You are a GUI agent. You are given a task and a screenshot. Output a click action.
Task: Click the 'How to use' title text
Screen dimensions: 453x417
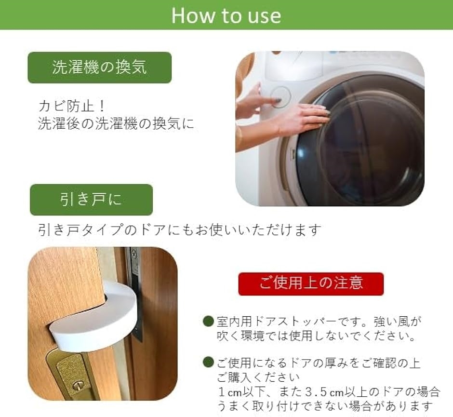pos(226,15)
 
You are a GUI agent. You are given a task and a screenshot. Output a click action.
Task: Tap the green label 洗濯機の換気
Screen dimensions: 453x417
pos(100,67)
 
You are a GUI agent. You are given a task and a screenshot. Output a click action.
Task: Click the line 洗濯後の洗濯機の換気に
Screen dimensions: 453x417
pos(116,123)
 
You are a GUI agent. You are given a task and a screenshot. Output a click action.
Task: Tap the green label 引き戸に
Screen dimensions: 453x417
pos(91,200)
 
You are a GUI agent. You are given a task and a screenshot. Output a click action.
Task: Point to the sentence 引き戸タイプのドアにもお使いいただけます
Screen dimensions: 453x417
pos(180,230)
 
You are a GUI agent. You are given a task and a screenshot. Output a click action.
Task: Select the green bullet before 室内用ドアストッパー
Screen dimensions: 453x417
pos(208,322)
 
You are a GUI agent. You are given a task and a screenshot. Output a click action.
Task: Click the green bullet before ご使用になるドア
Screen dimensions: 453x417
pos(208,363)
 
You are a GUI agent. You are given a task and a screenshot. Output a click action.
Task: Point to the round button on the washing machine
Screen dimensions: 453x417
pos(280,97)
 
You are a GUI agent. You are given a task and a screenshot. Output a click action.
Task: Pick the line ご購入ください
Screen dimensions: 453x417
pos(258,377)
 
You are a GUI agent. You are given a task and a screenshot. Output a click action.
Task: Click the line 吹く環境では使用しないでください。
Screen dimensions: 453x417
pos(317,336)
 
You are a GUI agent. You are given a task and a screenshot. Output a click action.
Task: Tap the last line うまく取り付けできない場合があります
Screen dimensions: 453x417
pos(325,406)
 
